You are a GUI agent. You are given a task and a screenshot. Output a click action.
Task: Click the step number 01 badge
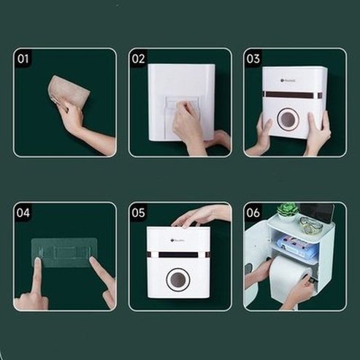23,58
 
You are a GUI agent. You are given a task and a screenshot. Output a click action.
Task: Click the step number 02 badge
139,58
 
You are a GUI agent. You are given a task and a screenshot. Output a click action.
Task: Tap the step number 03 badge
253,58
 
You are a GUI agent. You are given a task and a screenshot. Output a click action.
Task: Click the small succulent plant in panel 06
286,211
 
